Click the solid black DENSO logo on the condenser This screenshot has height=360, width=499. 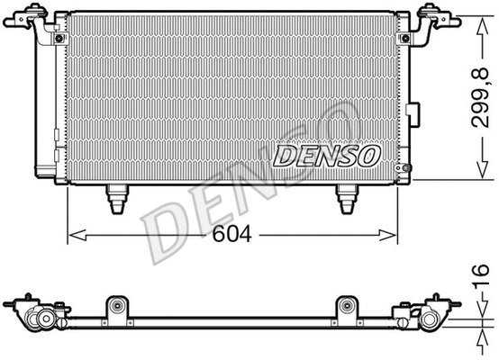pos(326,157)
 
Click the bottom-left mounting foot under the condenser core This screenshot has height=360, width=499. pos(116,198)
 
